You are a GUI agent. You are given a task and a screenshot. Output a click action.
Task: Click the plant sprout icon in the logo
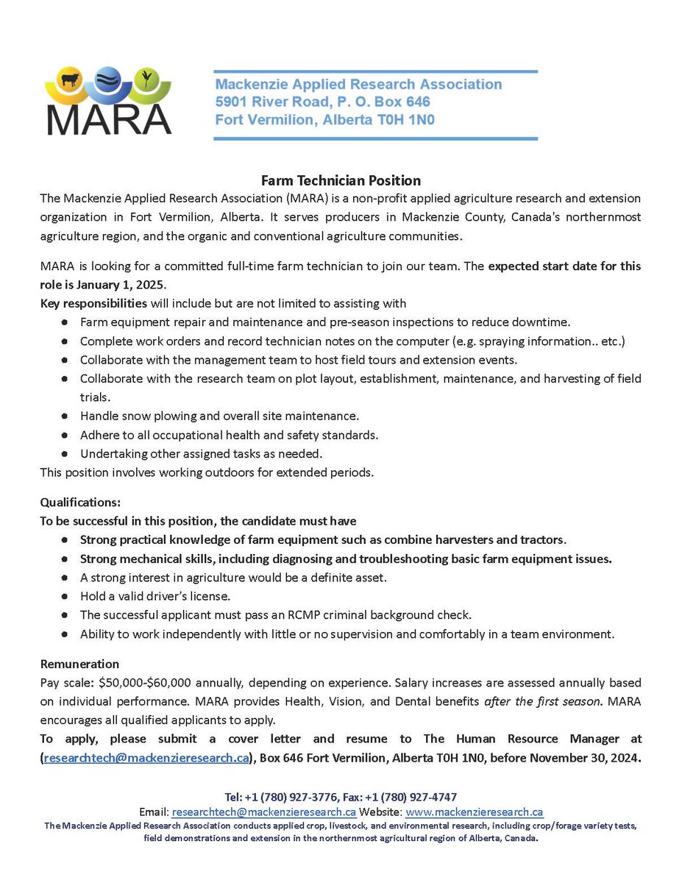pyautogui.click(x=146, y=77)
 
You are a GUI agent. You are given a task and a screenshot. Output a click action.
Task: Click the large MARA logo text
pyautogui.click(x=108, y=118)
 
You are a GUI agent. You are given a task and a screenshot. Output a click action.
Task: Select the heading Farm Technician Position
pyautogui.click(x=341, y=180)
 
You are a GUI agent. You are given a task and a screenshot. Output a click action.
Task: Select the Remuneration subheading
pyautogui.click(x=79, y=664)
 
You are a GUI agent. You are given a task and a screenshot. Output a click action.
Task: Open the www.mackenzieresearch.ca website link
pyautogui.click(x=474, y=812)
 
